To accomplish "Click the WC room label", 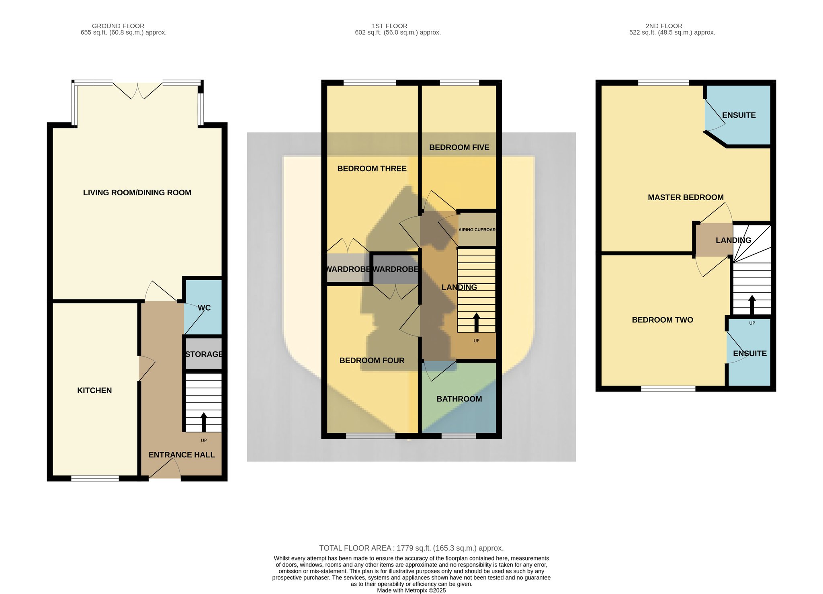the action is click(x=204, y=308).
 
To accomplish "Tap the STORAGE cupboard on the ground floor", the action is click(x=203, y=354).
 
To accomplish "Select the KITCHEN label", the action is click(x=94, y=390).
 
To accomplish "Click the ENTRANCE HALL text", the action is click(x=182, y=455).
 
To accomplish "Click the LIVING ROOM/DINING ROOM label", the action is click(x=137, y=193).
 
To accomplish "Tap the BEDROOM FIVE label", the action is click(x=459, y=147).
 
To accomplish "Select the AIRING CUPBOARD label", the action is click(x=477, y=230).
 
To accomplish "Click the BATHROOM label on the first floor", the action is click(x=459, y=399).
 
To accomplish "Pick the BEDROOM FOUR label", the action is click(x=372, y=360).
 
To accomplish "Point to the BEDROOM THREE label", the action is click(x=372, y=169).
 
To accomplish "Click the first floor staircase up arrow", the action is click(x=477, y=322).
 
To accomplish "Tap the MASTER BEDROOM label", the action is click(x=686, y=197).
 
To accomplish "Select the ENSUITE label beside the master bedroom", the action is click(x=739, y=115).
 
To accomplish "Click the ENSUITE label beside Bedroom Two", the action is click(x=750, y=354).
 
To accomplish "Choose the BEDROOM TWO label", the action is click(x=663, y=320).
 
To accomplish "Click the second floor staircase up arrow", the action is click(x=752, y=305).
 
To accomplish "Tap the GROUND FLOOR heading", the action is click(x=118, y=26).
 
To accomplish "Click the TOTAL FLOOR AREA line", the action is click(x=411, y=548).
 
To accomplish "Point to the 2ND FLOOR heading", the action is click(x=664, y=26).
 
